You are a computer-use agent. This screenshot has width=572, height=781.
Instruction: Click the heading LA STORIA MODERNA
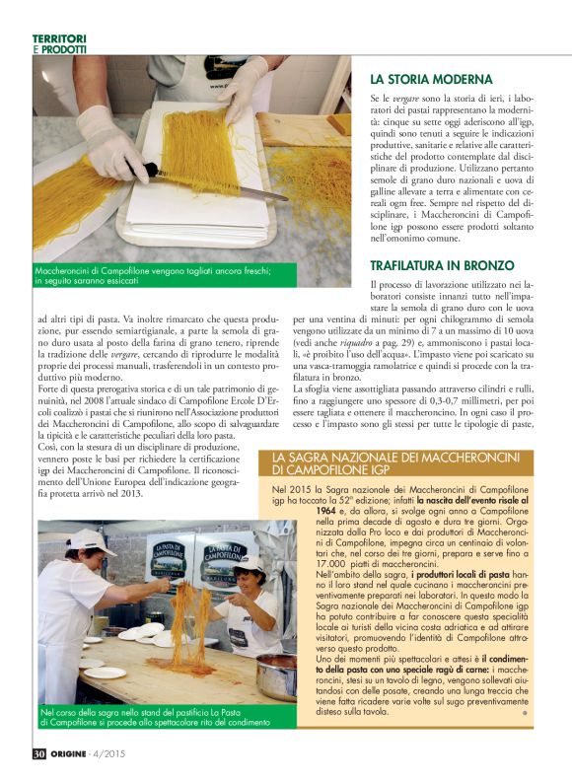pos(431,79)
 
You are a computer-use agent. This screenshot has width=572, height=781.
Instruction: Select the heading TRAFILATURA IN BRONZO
pos(442,265)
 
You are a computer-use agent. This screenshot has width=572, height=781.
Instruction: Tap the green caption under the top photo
pos(158,275)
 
